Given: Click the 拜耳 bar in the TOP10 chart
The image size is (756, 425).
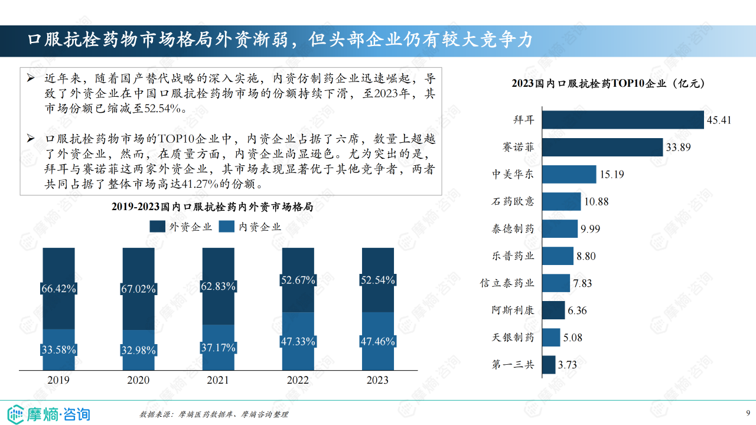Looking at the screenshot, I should click(x=623, y=120).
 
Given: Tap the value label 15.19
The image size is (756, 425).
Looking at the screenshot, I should click(x=612, y=175).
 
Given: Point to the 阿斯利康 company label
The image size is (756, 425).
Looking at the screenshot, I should click(x=513, y=310).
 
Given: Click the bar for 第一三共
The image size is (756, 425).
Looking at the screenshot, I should click(x=548, y=365).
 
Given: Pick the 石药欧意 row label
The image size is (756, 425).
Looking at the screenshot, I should click(x=513, y=202).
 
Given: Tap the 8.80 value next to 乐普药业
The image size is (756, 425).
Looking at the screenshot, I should click(x=586, y=256).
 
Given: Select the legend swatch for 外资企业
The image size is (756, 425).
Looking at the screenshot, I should click(x=158, y=227).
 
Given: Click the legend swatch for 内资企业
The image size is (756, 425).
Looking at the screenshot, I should click(x=227, y=227).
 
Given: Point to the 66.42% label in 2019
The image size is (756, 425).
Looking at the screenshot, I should click(x=58, y=289).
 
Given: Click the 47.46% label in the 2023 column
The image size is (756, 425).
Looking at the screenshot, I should click(x=377, y=341).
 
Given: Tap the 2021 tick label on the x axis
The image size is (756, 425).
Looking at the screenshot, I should click(x=218, y=380).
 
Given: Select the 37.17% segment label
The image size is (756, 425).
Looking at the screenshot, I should click(x=218, y=348).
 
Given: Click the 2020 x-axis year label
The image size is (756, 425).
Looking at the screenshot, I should click(x=138, y=380).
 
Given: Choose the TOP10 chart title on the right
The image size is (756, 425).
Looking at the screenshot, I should click(x=607, y=83).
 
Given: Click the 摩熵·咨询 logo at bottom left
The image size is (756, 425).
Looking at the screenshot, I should click(x=48, y=413).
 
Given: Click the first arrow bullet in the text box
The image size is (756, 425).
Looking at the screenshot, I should click(x=32, y=77).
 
